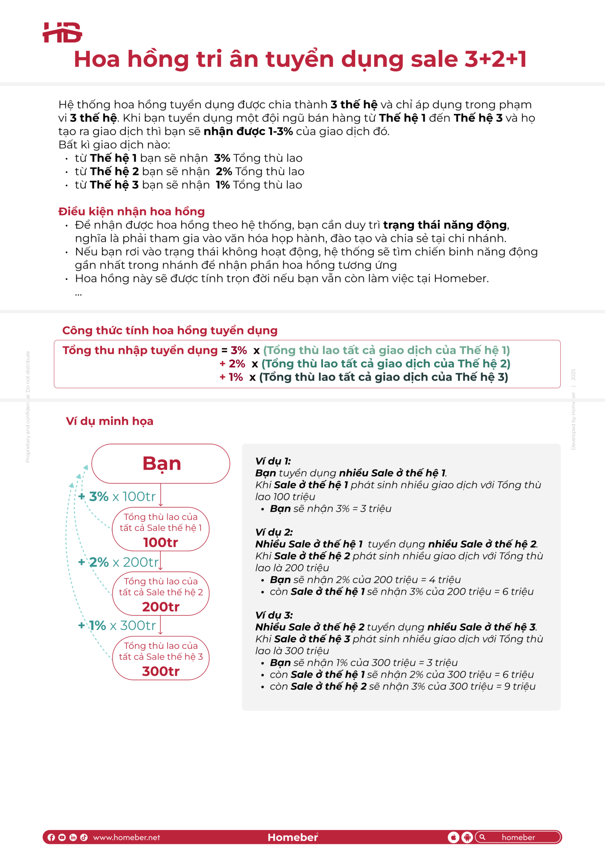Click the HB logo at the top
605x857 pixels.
coord(62,32)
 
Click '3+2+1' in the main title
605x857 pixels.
coord(495,59)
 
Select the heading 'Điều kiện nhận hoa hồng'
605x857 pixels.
coord(131,212)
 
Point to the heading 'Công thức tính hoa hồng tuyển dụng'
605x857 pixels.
coord(170,330)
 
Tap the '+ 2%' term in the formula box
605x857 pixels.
coord(232,364)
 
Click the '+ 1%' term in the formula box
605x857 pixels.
coord(231,377)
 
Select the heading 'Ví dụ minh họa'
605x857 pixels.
coord(109,421)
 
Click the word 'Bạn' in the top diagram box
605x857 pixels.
coord(162,464)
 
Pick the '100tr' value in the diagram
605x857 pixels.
coord(161,542)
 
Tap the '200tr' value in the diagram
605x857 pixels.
coord(161,607)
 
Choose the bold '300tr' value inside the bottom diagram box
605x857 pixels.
coord(161,672)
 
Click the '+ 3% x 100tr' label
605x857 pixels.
coord(117,496)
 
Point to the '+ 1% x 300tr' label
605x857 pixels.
coord(117,625)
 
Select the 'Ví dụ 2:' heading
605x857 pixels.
coord(274,532)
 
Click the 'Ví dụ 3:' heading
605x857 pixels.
coord(274,615)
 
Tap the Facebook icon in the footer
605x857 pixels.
coord(52,837)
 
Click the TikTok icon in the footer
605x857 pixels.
coord(84,837)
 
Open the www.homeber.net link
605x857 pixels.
coord(126,837)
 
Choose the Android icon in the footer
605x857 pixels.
coord(467,837)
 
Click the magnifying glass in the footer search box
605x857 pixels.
coord(482,837)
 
